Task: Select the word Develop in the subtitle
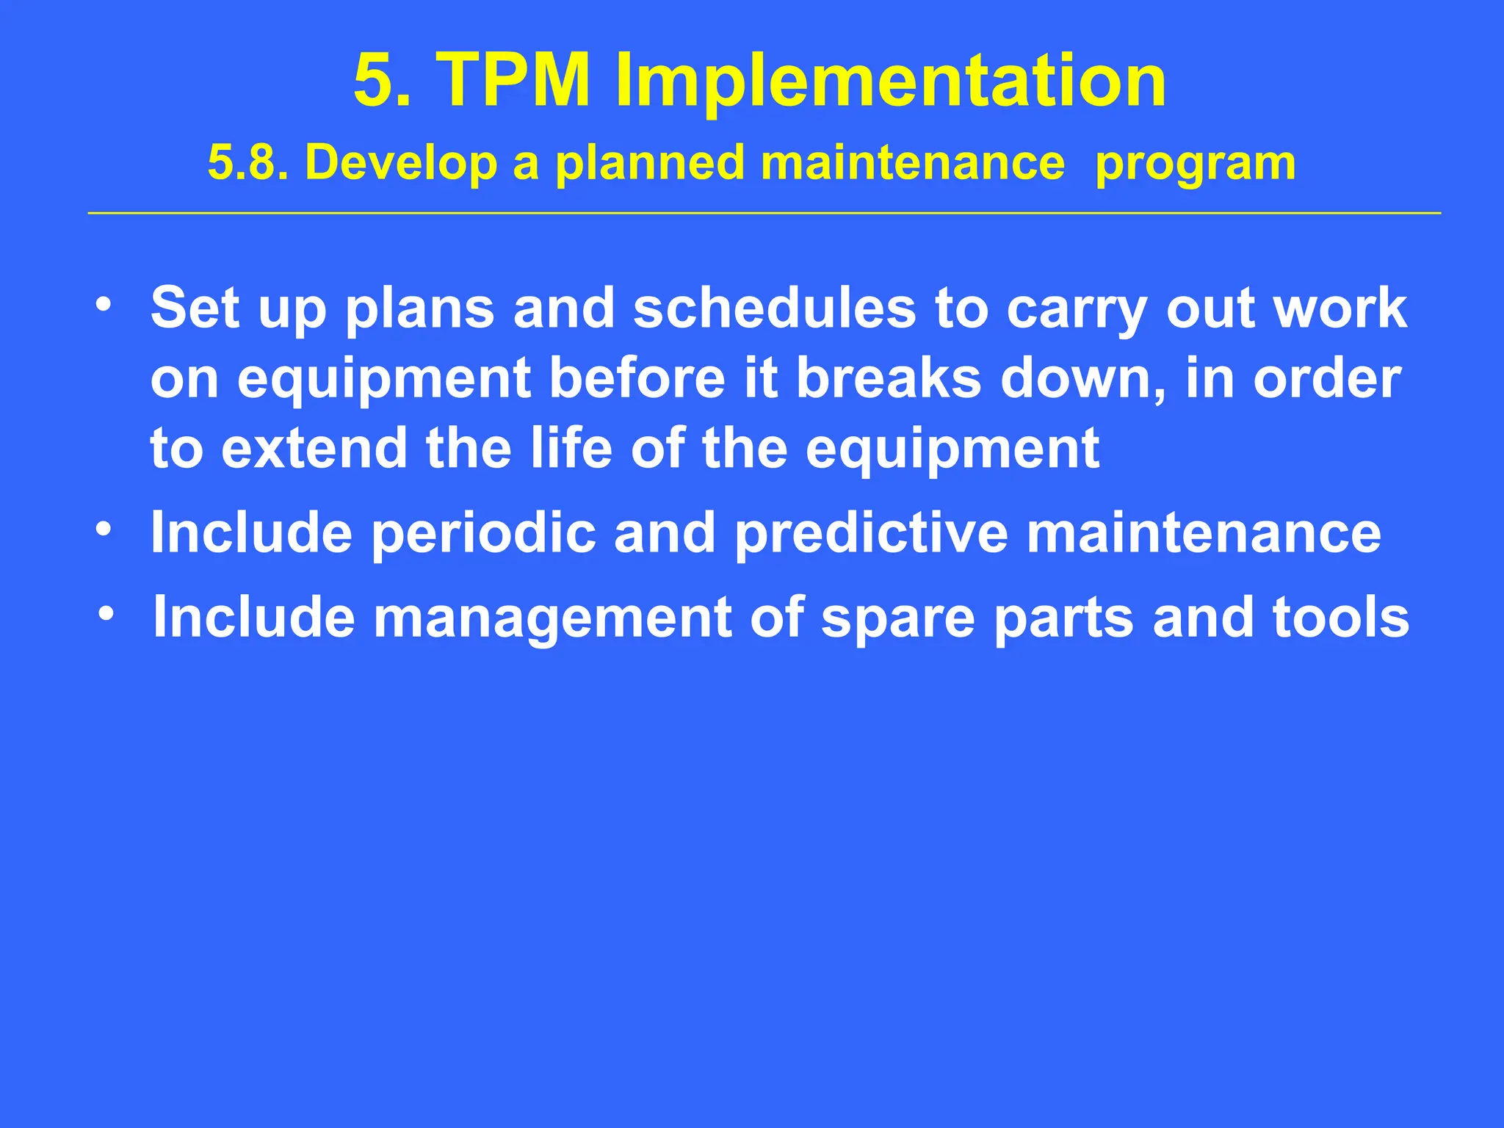click(401, 164)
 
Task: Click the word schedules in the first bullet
click(774, 308)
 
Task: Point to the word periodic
click(482, 534)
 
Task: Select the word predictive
click(871, 534)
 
